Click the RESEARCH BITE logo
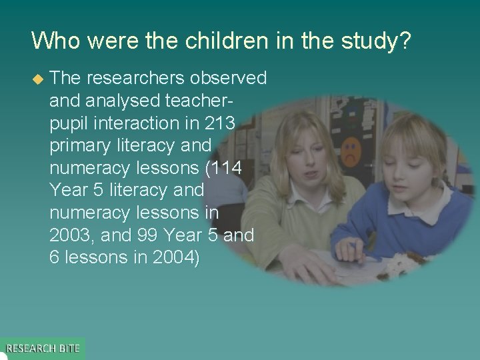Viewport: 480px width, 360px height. pyautogui.click(x=43, y=348)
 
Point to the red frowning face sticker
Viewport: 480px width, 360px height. pyautogui.click(x=349, y=150)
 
